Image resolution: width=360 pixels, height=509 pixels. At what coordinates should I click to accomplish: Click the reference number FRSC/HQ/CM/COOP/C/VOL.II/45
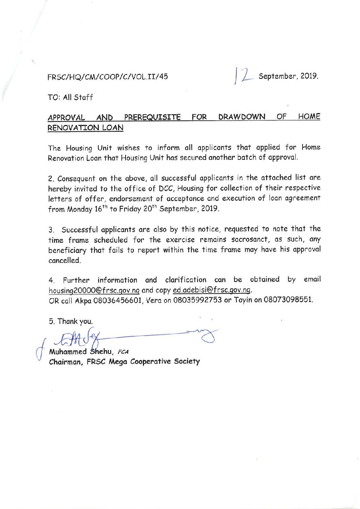click(108, 77)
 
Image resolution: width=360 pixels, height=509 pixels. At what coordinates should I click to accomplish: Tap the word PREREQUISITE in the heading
click(152, 118)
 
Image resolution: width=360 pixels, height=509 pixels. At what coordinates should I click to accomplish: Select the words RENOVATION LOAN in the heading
click(85, 128)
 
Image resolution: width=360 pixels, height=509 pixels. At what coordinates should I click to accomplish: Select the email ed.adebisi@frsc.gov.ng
click(212, 290)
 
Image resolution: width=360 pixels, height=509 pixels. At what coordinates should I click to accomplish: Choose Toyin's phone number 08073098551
click(288, 300)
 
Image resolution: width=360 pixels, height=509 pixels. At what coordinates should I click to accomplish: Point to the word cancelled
click(64, 261)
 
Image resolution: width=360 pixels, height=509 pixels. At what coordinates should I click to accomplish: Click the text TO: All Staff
click(70, 98)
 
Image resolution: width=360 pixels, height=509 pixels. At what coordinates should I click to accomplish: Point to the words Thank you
click(75, 321)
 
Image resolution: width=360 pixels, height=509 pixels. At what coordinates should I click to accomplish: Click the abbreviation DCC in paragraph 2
click(167, 188)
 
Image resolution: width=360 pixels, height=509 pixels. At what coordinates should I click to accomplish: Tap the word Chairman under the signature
click(66, 362)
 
